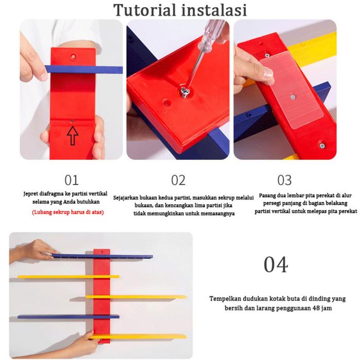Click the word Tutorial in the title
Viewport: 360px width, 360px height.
pos(145,10)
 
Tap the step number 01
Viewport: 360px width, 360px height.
pos(71,180)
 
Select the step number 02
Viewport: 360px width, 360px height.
pos(178,180)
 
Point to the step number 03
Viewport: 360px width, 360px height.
pos(284,180)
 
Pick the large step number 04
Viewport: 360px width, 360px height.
pos(276,264)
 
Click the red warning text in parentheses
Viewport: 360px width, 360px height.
pos(68,212)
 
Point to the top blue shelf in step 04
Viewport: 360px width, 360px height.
pos(102,256)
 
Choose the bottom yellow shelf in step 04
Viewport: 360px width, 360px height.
pos(138,337)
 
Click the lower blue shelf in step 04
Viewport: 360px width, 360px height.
pos(68,317)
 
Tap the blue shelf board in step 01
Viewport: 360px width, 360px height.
pos(84,69)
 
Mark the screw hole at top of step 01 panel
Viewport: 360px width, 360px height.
pos(73,56)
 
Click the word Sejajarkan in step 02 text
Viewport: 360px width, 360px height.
pos(126,197)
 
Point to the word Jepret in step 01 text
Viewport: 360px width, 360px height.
pos(30,194)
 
